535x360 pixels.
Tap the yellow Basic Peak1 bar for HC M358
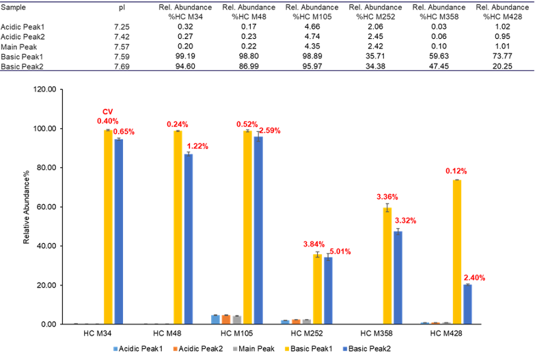(387, 266)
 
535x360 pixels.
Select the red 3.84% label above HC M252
(316, 244)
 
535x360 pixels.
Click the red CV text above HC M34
(107, 112)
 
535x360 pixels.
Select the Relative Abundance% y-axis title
(27, 207)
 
